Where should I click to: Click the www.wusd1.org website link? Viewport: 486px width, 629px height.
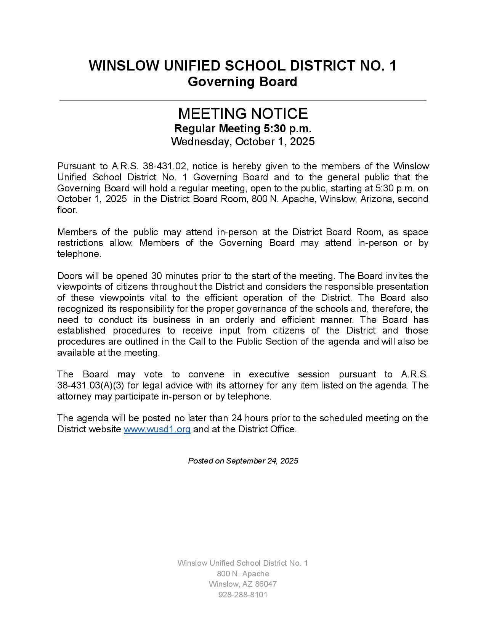[x=157, y=429]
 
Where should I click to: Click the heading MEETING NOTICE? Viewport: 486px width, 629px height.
[x=243, y=114]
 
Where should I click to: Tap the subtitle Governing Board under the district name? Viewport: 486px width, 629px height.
[x=242, y=82]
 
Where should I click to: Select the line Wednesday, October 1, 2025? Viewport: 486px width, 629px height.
[x=243, y=141]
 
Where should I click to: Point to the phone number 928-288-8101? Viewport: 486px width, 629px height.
[x=243, y=595]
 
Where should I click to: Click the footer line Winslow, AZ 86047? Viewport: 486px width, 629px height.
[x=243, y=584]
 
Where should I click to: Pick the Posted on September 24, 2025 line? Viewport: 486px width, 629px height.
[x=243, y=461]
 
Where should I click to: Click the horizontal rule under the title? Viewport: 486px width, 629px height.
[x=243, y=100]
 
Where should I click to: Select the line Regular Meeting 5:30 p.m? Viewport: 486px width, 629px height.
[x=243, y=128]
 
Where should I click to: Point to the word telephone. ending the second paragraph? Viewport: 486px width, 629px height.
[x=79, y=254]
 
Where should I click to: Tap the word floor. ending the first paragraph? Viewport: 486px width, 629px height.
[x=67, y=210]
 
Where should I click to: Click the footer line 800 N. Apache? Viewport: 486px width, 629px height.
[x=243, y=574]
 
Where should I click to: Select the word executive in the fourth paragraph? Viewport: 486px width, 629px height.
[x=269, y=374]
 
